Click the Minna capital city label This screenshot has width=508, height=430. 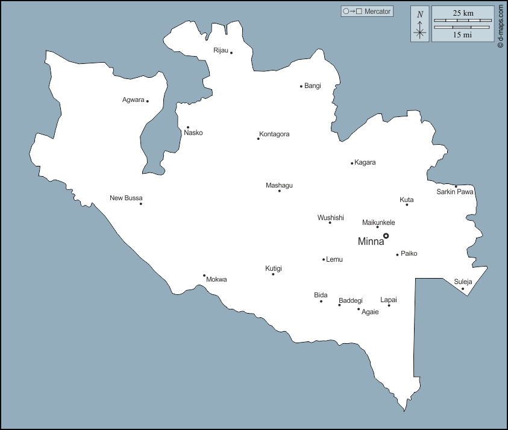tap(371, 242)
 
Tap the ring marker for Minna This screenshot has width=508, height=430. tap(386, 236)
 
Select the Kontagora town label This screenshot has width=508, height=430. tap(274, 134)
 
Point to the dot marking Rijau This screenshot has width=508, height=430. tap(231, 53)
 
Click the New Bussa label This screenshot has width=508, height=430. tap(126, 198)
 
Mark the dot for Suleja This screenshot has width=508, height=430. tap(463, 289)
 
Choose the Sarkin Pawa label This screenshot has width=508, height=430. tap(455, 192)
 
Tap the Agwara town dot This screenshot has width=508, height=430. tap(147, 101)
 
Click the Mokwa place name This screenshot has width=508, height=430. tap(216, 280)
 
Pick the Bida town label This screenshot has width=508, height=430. tap(321, 295)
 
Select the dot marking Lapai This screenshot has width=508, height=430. tap(389, 305)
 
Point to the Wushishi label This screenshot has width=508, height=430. tap(331, 218)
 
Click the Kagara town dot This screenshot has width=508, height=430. tap(352, 163)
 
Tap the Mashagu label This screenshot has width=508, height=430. tap(279, 185)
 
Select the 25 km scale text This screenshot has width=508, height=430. tap(463, 13)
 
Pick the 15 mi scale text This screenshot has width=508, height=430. tap(463, 35)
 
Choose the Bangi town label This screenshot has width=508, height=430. tap(313, 86)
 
